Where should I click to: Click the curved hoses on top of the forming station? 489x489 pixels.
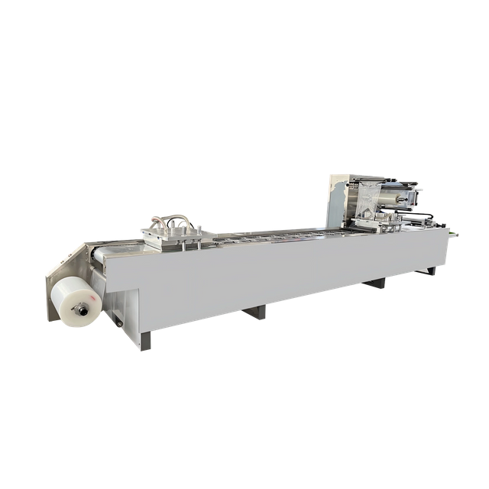[x=173, y=221]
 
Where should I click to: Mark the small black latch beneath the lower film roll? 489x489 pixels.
[x=118, y=323]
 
